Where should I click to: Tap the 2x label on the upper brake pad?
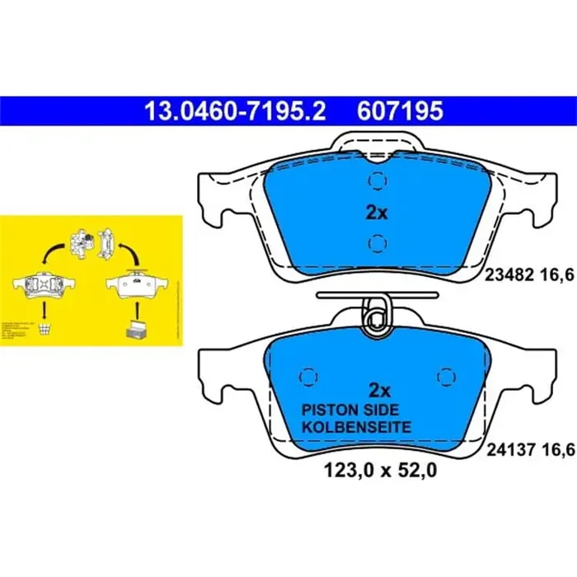[x=376, y=213]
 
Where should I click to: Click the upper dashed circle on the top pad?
[x=376, y=181]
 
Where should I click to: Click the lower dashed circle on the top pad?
[x=376, y=242]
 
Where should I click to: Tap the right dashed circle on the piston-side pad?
[x=446, y=375]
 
